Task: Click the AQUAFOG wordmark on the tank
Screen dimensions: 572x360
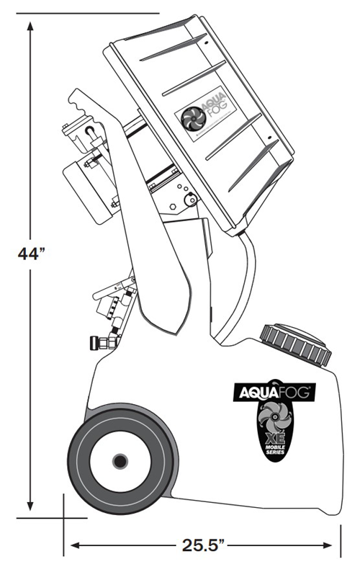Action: (274, 393)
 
